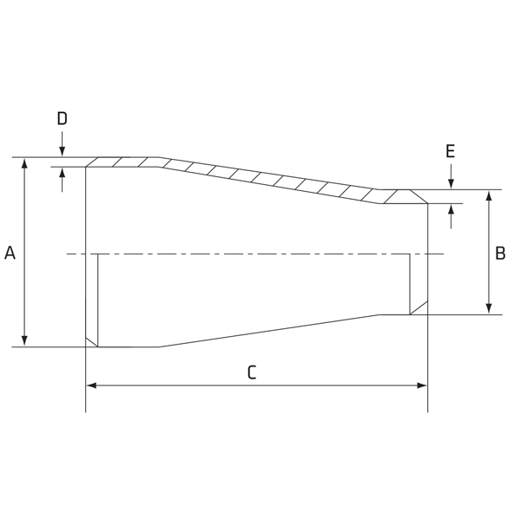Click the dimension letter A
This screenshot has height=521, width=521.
10,253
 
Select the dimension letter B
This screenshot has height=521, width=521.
500,254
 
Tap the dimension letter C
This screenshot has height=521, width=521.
252,373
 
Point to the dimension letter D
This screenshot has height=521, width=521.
63,118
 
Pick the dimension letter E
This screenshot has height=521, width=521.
450,151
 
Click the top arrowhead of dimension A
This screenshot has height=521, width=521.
24,164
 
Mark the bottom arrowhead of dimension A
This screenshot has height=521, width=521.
24,340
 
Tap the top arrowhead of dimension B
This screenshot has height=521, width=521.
488,196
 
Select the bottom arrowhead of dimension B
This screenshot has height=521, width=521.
488,308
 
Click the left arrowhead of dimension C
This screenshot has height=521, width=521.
92,386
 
